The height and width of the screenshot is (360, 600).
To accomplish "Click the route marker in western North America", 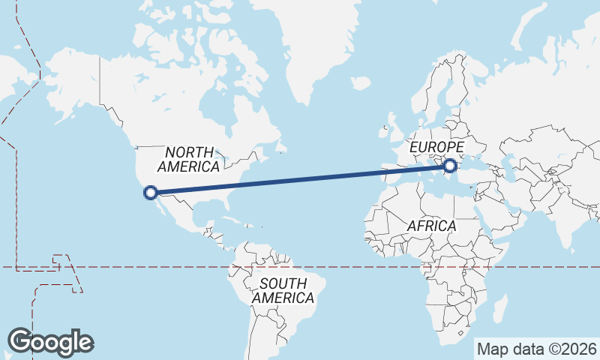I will click(151, 192).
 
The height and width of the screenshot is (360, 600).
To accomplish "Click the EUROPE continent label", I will click(436, 147).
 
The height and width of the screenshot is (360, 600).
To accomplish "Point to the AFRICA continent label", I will click(431, 226).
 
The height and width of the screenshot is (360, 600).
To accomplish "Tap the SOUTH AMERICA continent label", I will click(283, 290).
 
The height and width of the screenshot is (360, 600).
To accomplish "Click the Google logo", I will click(50, 342).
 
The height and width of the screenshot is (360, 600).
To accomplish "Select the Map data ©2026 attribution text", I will click(537, 349).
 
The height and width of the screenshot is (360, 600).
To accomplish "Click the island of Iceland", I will click(361, 82).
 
